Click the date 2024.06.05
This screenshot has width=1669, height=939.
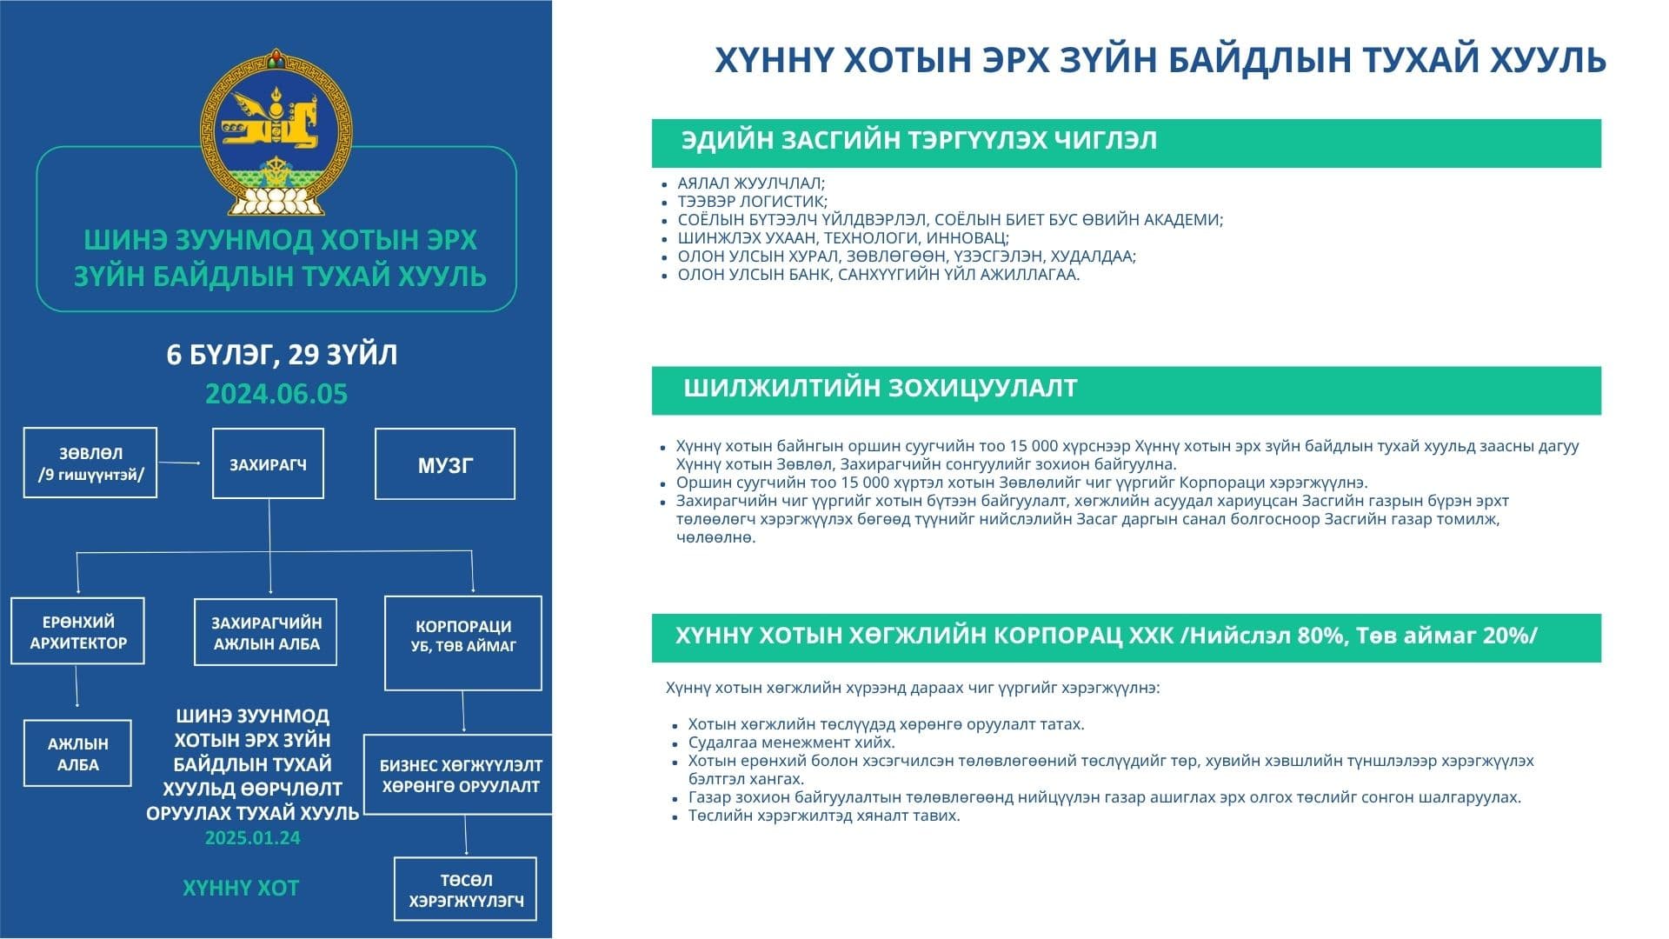(276, 394)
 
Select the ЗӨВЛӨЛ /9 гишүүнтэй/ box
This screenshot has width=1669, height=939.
(90, 463)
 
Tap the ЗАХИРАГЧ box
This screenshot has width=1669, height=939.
(268, 463)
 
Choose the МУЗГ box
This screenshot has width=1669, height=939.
(445, 464)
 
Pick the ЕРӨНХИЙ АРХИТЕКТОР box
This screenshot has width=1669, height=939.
(78, 631)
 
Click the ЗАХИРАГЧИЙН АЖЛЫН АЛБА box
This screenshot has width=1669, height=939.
(266, 632)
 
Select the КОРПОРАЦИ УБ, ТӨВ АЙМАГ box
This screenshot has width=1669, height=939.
(463, 643)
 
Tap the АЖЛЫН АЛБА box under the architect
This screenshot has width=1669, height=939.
(77, 753)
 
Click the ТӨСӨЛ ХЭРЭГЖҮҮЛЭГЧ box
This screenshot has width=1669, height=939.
(466, 889)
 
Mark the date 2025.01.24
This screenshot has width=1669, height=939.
(253, 838)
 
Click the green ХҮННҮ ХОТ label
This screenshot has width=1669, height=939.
(241, 888)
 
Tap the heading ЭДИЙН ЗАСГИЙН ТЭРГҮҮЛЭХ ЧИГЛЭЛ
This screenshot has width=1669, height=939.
(919, 140)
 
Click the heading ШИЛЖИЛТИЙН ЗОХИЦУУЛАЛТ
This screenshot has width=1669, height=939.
(880, 388)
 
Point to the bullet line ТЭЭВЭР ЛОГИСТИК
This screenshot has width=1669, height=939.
(753, 201)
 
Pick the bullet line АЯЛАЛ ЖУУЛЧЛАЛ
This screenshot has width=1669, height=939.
(751, 183)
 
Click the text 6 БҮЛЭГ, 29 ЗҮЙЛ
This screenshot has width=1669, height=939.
(282, 355)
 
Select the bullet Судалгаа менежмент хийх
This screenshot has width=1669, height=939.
(791, 743)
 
